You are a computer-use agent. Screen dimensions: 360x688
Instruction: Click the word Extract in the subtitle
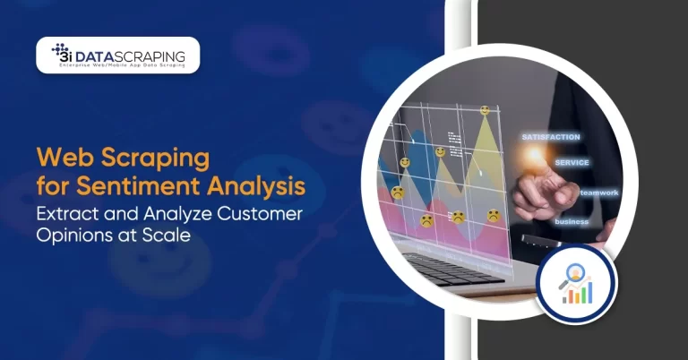(71, 216)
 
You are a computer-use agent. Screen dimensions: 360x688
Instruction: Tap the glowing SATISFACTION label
(550, 137)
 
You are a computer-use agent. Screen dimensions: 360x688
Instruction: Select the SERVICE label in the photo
(571, 163)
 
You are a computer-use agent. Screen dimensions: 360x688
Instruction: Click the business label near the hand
(571, 220)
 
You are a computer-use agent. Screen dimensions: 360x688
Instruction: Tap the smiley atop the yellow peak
(485, 110)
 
